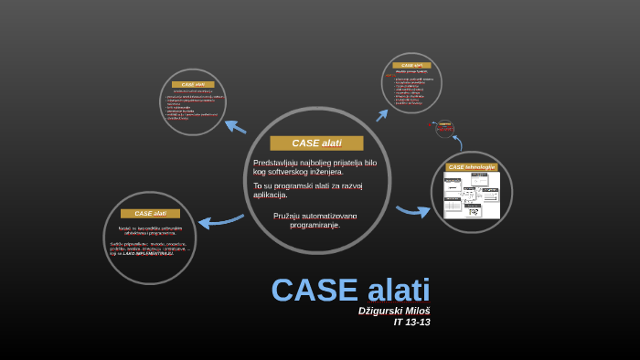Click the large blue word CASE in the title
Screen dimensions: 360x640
(314, 291)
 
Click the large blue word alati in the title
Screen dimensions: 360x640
(399, 291)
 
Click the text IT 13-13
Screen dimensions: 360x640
(411, 323)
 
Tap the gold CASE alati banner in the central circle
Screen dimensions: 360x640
(316, 143)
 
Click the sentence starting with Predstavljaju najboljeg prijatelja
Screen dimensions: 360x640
(315, 167)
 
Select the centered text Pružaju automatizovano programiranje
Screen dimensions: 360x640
(315, 220)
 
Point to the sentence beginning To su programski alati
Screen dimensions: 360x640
(308, 190)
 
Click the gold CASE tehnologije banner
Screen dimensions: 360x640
(472, 167)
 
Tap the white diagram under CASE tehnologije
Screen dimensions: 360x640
(472, 195)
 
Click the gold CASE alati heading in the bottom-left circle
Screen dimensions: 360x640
(150, 214)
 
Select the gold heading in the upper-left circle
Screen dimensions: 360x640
(193, 84)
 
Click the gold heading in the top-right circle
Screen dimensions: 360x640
(411, 66)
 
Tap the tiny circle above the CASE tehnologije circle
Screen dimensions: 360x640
(445, 128)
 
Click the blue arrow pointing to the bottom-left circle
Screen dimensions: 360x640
(219, 221)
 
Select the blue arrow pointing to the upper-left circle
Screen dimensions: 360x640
(235, 126)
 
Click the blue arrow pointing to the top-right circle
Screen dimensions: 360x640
(382, 115)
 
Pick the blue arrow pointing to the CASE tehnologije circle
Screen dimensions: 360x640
(413, 211)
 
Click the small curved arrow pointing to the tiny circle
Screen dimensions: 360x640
(457, 142)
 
